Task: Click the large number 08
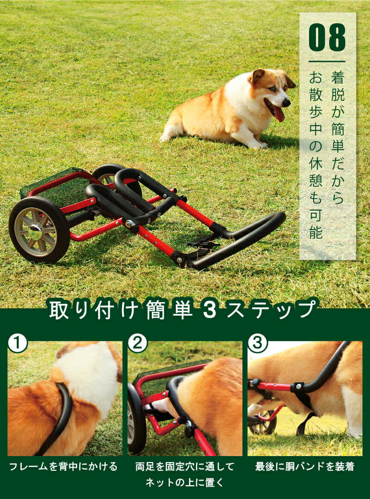[327, 37]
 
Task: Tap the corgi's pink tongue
[278, 113]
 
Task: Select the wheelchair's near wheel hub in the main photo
[36, 231]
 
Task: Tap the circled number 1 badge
[18, 343]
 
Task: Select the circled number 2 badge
[137, 343]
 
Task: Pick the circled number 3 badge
[258, 343]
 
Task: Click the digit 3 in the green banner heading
[210, 310]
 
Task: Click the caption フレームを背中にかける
[63, 467]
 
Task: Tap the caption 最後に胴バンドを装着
[305, 467]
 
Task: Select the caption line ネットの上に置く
[185, 482]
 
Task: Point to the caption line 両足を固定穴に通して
[185, 467]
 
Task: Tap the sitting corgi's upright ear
[257, 76]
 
